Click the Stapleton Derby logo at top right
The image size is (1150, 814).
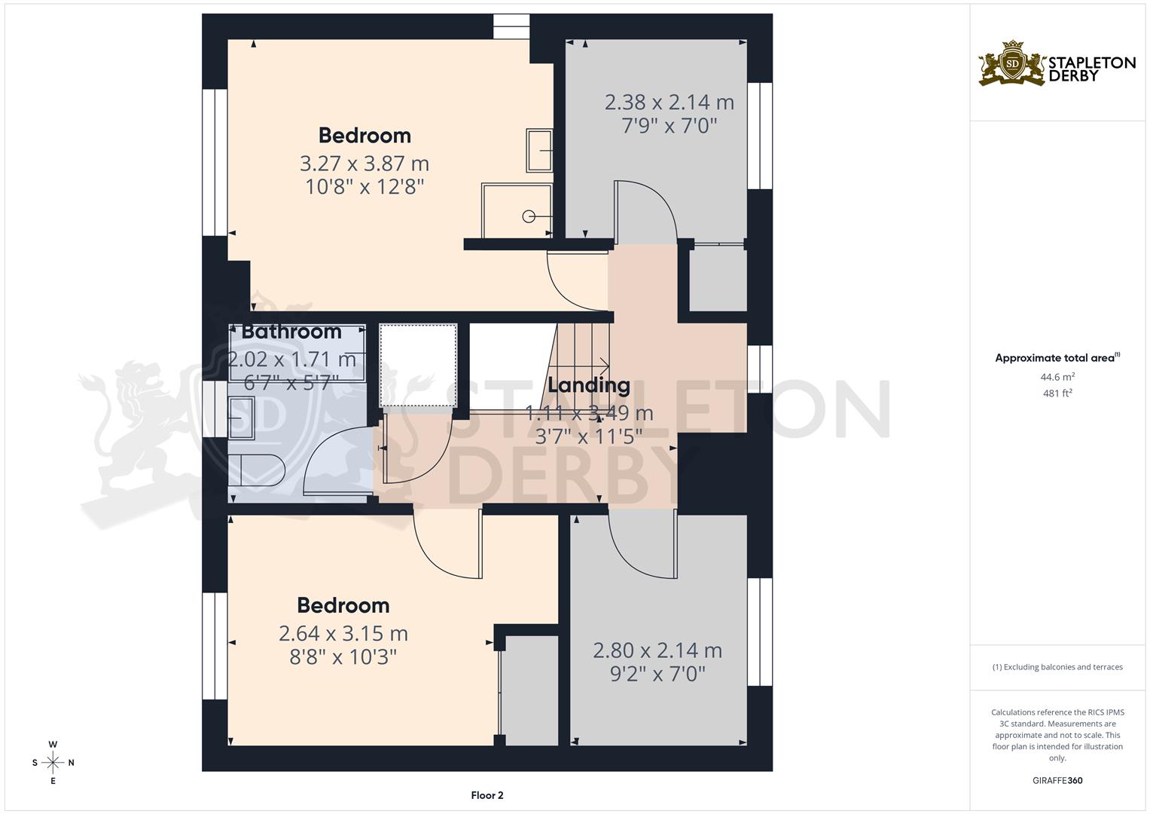coord(1056,63)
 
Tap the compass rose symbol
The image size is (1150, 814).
coord(53,763)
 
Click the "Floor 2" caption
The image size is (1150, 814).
coord(487,795)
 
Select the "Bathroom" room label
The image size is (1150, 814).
coord(291,332)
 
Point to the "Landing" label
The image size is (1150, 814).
coord(588,385)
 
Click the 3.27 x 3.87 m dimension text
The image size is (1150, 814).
coord(365,164)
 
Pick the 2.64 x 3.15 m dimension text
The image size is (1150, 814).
coord(343,634)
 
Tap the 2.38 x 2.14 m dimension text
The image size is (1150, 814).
coord(669,102)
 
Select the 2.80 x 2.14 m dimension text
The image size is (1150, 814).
coord(657,650)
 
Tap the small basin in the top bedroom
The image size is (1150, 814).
coord(539,151)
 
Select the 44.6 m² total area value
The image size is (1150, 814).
coord(1057,377)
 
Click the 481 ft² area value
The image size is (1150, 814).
coord(1057,393)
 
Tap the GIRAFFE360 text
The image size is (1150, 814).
coord(1057,781)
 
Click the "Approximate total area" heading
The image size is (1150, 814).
coord(1057,358)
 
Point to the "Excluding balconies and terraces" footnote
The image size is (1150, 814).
coord(1057,667)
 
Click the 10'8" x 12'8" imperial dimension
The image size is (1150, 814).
coord(365,187)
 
